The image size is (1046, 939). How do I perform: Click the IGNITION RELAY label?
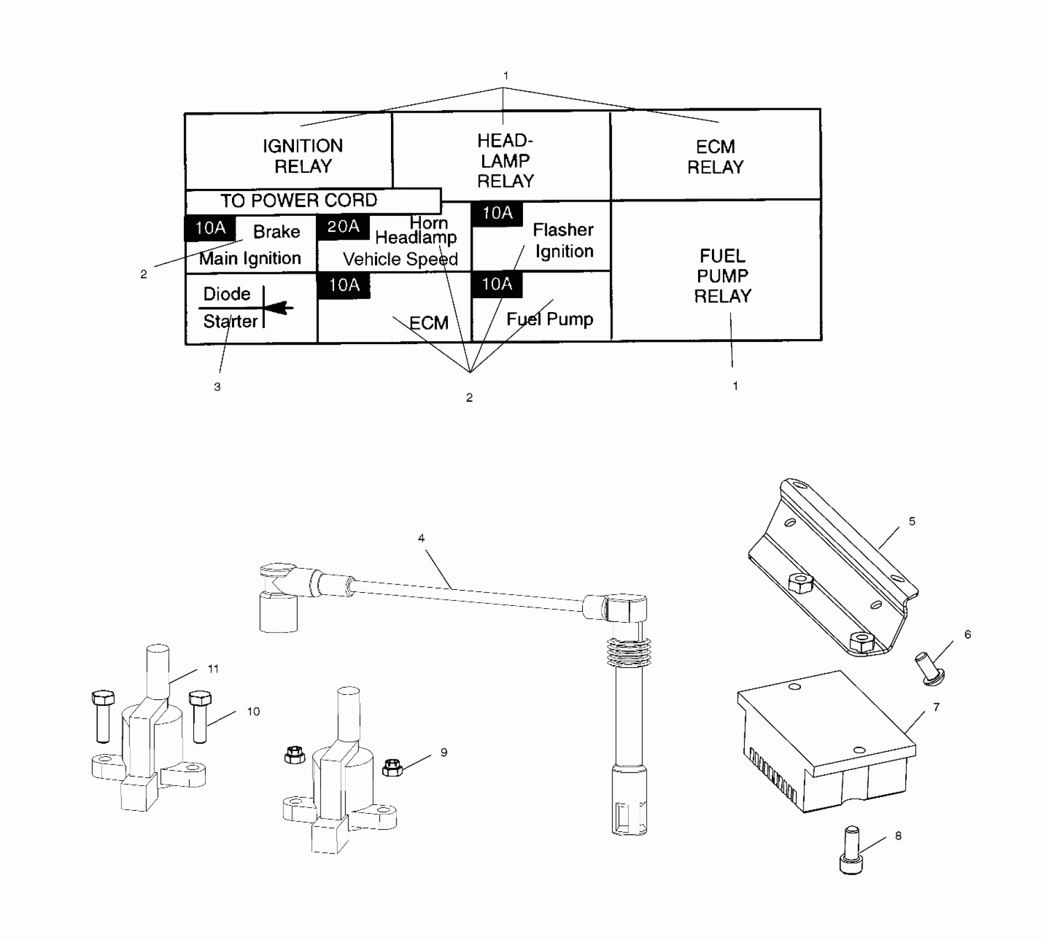(x=303, y=156)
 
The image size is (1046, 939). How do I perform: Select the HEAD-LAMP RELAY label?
(x=505, y=161)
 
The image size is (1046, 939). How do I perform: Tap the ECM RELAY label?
(x=715, y=157)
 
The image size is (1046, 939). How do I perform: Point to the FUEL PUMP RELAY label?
(x=722, y=276)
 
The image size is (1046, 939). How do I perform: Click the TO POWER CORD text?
(x=299, y=201)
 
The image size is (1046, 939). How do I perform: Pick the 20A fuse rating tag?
(x=343, y=226)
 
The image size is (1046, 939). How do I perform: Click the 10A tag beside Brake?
(x=210, y=228)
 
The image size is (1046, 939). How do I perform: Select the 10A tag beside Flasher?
(x=497, y=213)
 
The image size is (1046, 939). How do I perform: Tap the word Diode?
(x=226, y=294)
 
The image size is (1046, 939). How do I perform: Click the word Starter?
(x=230, y=321)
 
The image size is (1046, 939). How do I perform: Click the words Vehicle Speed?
(x=400, y=259)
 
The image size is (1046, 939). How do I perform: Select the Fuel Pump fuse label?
(x=550, y=319)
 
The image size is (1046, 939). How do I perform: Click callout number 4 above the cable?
(x=421, y=538)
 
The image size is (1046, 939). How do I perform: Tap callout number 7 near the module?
(x=936, y=707)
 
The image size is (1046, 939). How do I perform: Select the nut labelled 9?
(x=392, y=767)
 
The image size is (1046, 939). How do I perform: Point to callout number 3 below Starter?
(x=217, y=387)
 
